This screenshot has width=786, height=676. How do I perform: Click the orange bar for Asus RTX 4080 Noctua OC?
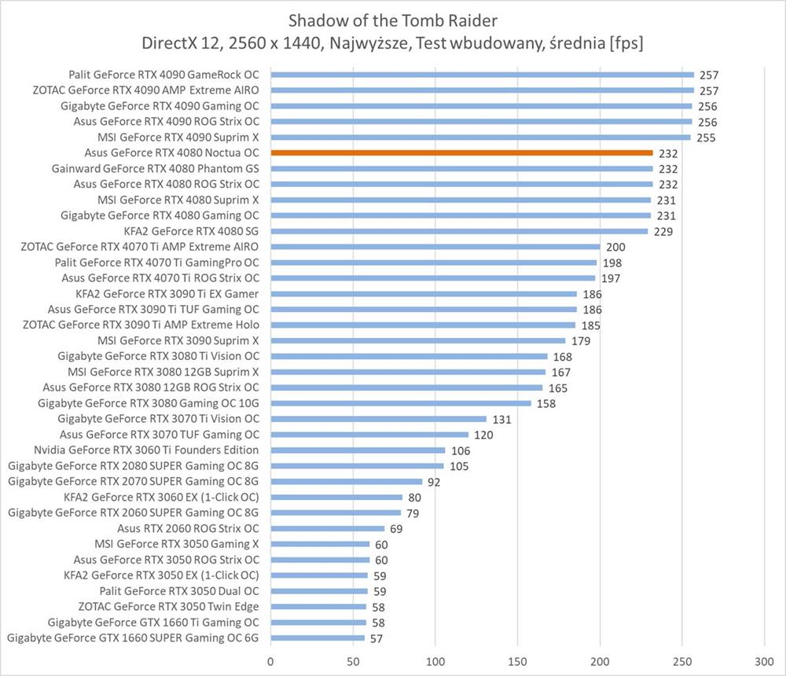pyautogui.click(x=461, y=152)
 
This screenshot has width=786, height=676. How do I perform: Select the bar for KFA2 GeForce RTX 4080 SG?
pyautogui.click(x=459, y=231)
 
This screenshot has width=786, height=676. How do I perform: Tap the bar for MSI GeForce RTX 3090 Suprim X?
pyautogui.click(x=417, y=340)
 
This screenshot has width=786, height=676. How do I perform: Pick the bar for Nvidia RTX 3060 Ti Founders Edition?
pyautogui.click(x=358, y=450)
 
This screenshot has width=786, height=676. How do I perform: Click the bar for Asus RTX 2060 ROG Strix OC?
pyautogui.click(x=327, y=528)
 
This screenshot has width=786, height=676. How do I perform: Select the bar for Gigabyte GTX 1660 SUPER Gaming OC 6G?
pyautogui.click(x=318, y=637)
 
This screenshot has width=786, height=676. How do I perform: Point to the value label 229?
pyautogui.click(x=664, y=232)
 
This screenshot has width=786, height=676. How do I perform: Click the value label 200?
pyautogui.click(x=616, y=247)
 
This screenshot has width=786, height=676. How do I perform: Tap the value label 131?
pyautogui.click(x=502, y=419)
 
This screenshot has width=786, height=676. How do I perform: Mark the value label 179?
pyautogui.click(x=582, y=341)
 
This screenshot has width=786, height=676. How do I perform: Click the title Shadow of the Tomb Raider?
pyautogui.click(x=392, y=18)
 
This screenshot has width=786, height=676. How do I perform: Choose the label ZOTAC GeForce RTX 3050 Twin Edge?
pyautogui.click(x=168, y=606)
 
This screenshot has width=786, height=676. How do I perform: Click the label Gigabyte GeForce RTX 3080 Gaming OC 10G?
pyautogui.click(x=149, y=403)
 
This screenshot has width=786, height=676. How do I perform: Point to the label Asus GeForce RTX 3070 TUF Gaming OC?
pyautogui.click(x=160, y=435)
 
